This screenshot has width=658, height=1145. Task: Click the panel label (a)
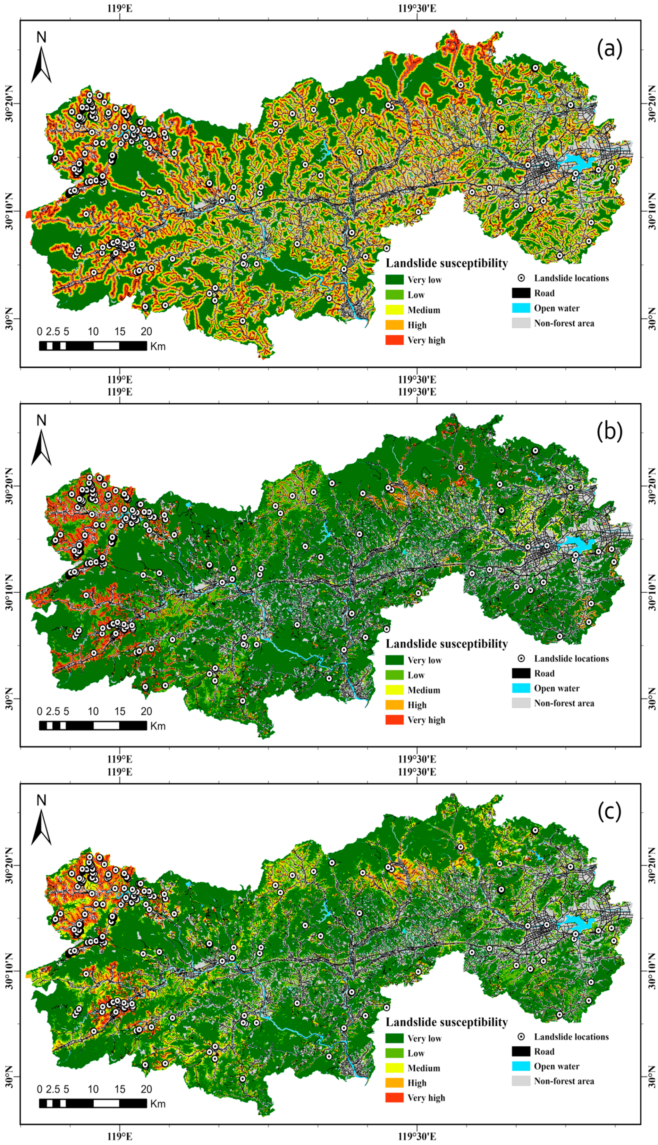click(609, 48)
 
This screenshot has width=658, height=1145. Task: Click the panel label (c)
click(609, 812)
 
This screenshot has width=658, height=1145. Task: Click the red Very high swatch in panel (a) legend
click(394, 340)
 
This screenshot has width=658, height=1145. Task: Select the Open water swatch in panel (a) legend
click(521, 308)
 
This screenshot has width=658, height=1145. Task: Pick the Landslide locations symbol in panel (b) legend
click(521, 658)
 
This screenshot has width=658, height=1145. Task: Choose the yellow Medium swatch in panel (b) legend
click(394, 690)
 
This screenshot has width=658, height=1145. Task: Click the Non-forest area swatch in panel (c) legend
click(521, 1081)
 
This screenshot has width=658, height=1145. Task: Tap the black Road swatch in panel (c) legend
click(521, 1051)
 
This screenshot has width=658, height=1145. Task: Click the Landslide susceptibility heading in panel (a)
click(447, 263)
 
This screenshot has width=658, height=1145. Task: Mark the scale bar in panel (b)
click(93, 726)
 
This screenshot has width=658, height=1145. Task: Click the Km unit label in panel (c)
click(158, 1103)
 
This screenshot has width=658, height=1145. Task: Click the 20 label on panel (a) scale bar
click(146, 332)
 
